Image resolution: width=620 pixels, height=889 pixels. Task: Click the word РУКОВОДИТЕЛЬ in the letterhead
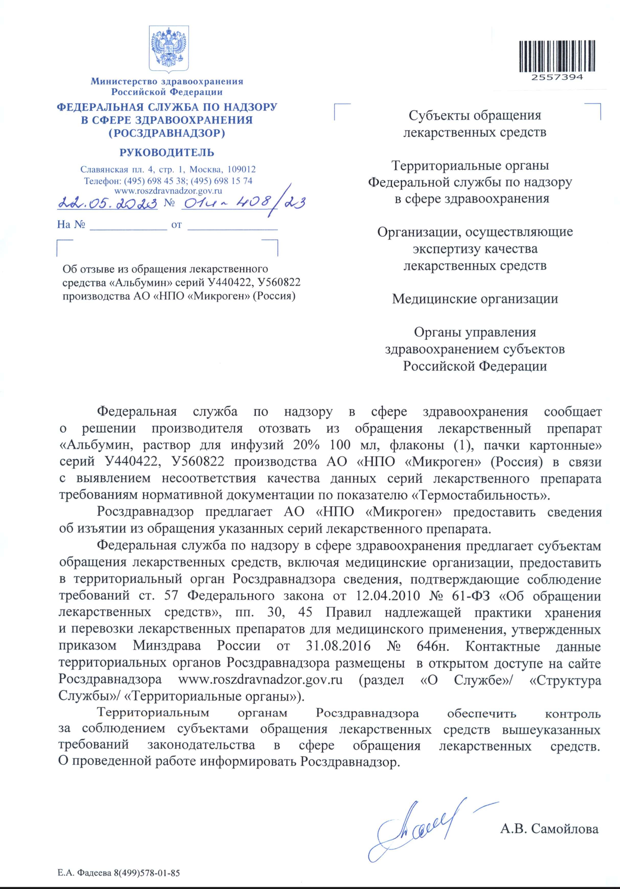(167, 153)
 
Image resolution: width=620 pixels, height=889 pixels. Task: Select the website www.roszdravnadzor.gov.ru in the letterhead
(168, 190)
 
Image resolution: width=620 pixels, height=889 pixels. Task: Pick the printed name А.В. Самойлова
(549, 829)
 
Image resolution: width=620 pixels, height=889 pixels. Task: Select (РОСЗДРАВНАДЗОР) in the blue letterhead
(167, 133)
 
